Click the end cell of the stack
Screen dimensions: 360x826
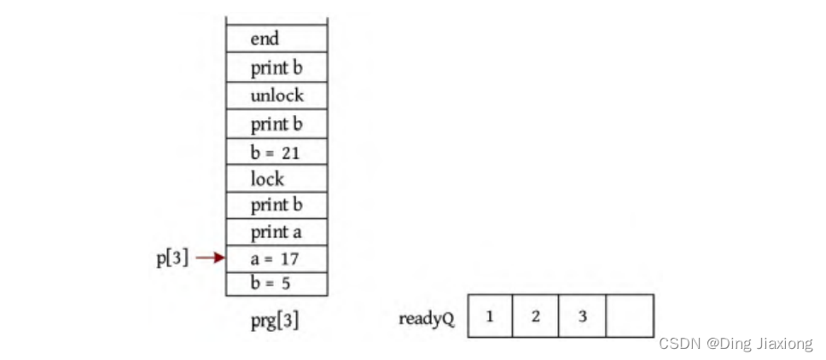click(276, 38)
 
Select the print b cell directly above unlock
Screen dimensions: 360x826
click(276, 67)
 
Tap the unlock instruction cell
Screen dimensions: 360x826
click(276, 96)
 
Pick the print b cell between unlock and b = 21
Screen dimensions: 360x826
click(276, 124)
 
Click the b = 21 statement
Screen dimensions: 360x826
click(276, 152)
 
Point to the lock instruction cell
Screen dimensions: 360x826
click(276, 178)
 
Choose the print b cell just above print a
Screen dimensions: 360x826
click(276, 205)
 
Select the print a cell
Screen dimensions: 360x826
click(276, 231)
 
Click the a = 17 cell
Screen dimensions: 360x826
click(276, 258)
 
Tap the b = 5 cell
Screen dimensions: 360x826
click(276, 283)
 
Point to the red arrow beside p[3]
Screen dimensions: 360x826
click(209, 257)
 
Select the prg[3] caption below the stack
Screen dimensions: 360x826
click(275, 321)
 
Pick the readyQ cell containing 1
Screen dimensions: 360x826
click(490, 316)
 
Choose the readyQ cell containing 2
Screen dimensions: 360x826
click(536, 316)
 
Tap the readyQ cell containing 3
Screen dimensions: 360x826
click(583, 316)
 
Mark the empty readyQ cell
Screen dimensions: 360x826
click(630, 316)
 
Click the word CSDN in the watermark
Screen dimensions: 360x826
click(678, 344)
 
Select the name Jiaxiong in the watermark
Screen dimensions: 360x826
click(783, 344)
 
